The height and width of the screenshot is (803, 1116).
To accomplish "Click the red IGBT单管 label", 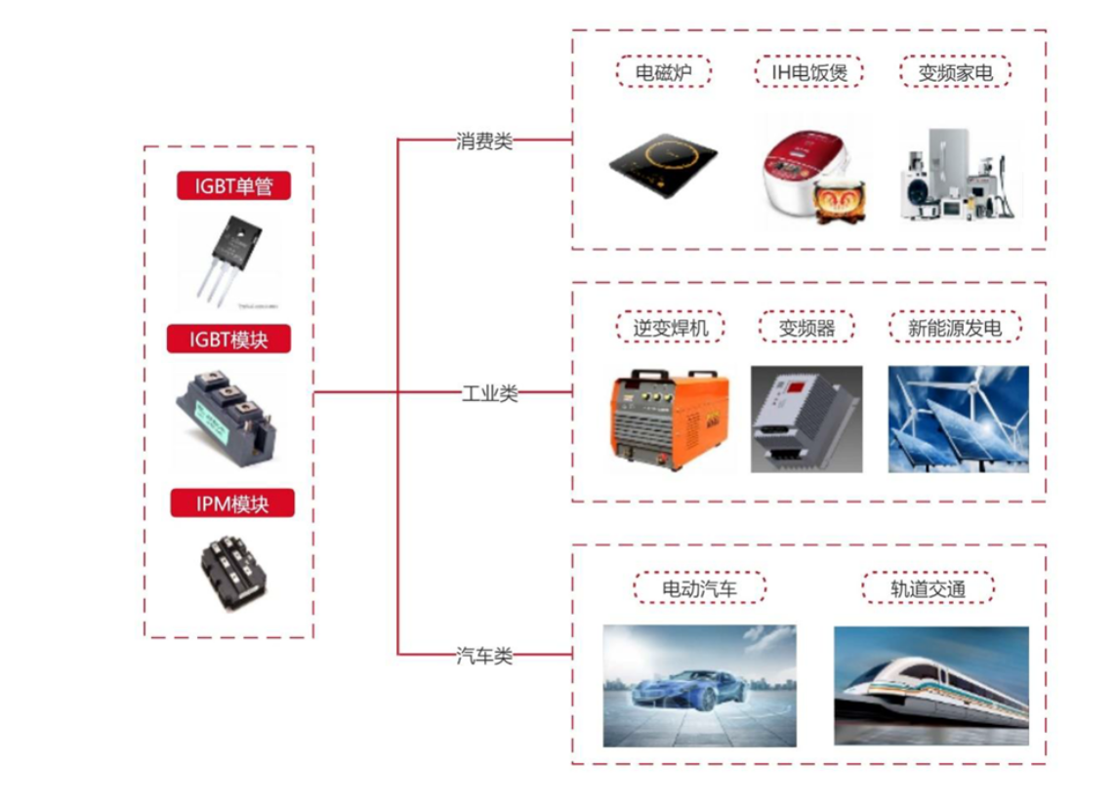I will (x=233, y=185).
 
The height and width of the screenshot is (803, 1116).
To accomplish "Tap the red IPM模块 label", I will (x=232, y=503).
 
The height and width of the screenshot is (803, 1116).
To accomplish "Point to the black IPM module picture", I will (x=232, y=570).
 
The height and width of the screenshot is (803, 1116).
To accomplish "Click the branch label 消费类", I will (x=484, y=141).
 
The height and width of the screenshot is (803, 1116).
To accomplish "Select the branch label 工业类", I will (x=489, y=393).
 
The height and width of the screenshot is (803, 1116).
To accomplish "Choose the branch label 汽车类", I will (x=484, y=656).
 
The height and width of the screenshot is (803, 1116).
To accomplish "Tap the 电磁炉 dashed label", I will (x=663, y=72).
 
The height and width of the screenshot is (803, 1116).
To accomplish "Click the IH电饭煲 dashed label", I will (x=807, y=72).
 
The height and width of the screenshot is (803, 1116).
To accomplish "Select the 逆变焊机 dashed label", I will (x=670, y=328).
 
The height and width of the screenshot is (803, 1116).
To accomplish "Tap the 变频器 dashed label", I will (x=806, y=328).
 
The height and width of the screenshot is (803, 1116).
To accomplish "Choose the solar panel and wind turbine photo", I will (x=958, y=420).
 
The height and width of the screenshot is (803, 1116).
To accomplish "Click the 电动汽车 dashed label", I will (x=699, y=588).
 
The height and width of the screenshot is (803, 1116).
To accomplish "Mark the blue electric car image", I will (x=699, y=685).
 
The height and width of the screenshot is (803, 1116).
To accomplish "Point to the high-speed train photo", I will (x=930, y=685).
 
